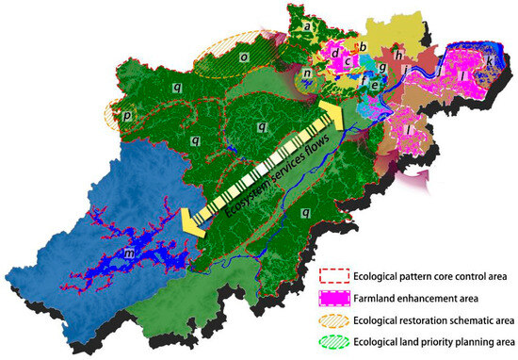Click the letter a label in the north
pos(306,27)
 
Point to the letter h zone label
pos(399,56)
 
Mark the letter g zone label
pos(380,68)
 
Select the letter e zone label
pos(375,86)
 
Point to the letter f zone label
pos(363,80)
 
